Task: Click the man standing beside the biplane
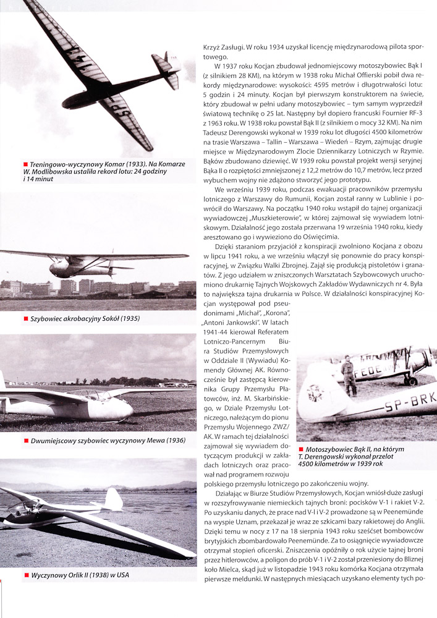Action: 349,376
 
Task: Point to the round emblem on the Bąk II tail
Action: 316,392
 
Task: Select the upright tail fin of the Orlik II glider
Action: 112,499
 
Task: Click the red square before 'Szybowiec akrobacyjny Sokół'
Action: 25,319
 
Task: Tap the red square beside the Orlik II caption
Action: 25,575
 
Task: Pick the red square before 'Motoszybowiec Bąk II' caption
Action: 301,449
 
